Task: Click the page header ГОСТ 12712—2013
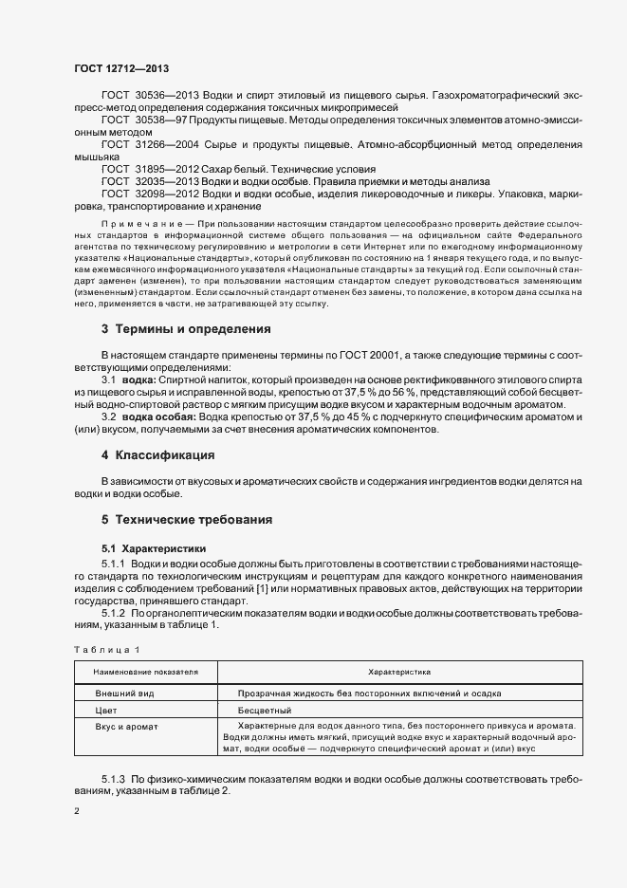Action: [x=120, y=67]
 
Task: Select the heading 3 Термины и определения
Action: [x=186, y=329]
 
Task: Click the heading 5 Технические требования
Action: [x=187, y=520]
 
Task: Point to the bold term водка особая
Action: [x=160, y=417]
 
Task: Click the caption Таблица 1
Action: [x=106, y=649]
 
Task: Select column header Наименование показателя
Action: [x=145, y=671]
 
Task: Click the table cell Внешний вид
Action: [x=120, y=694]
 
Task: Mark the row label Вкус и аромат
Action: [x=126, y=726]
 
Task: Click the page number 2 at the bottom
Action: [x=77, y=812]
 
